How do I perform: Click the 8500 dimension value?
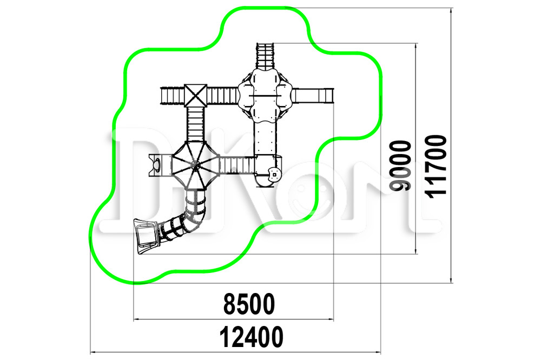pyautogui.click(x=249, y=304)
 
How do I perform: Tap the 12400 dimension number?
pyautogui.click(x=252, y=337)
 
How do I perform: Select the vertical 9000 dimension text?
pyautogui.click(x=400, y=165)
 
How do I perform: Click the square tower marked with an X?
pyautogui.click(x=195, y=95)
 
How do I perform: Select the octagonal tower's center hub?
pyautogui.click(x=195, y=166)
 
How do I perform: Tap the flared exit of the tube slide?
pyautogui.click(x=145, y=236)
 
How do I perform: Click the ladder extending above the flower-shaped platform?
pyautogui.click(x=265, y=56)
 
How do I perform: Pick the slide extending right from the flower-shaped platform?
pyautogui.click(x=313, y=96)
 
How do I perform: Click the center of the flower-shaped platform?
pyautogui.click(x=265, y=95)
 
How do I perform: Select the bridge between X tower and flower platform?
pyautogui.click(x=222, y=96)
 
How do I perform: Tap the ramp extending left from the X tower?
pyautogui.click(x=172, y=96)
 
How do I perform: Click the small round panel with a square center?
pyautogui.click(x=275, y=174)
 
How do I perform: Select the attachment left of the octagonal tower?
pyautogui.click(x=160, y=165)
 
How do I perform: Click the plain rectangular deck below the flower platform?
pyautogui.click(x=265, y=138)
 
